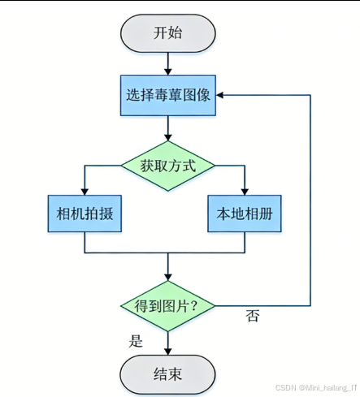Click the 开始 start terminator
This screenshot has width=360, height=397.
(167, 32)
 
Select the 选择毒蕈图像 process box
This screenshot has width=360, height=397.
(167, 95)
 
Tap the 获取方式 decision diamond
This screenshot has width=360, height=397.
(167, 166)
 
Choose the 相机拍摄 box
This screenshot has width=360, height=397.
(85, 214)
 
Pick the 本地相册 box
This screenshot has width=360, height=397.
(245, 214)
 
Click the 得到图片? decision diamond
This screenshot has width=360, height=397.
(167, 306)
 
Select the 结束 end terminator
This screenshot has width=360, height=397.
(167, 374)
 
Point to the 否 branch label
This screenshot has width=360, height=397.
(252, 317)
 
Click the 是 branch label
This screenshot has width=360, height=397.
(136, 341)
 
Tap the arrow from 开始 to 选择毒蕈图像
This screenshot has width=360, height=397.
(167, 63)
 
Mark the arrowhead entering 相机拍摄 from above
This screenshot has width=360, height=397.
(85, 191)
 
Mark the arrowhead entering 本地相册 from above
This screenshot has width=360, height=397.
(245, 191)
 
